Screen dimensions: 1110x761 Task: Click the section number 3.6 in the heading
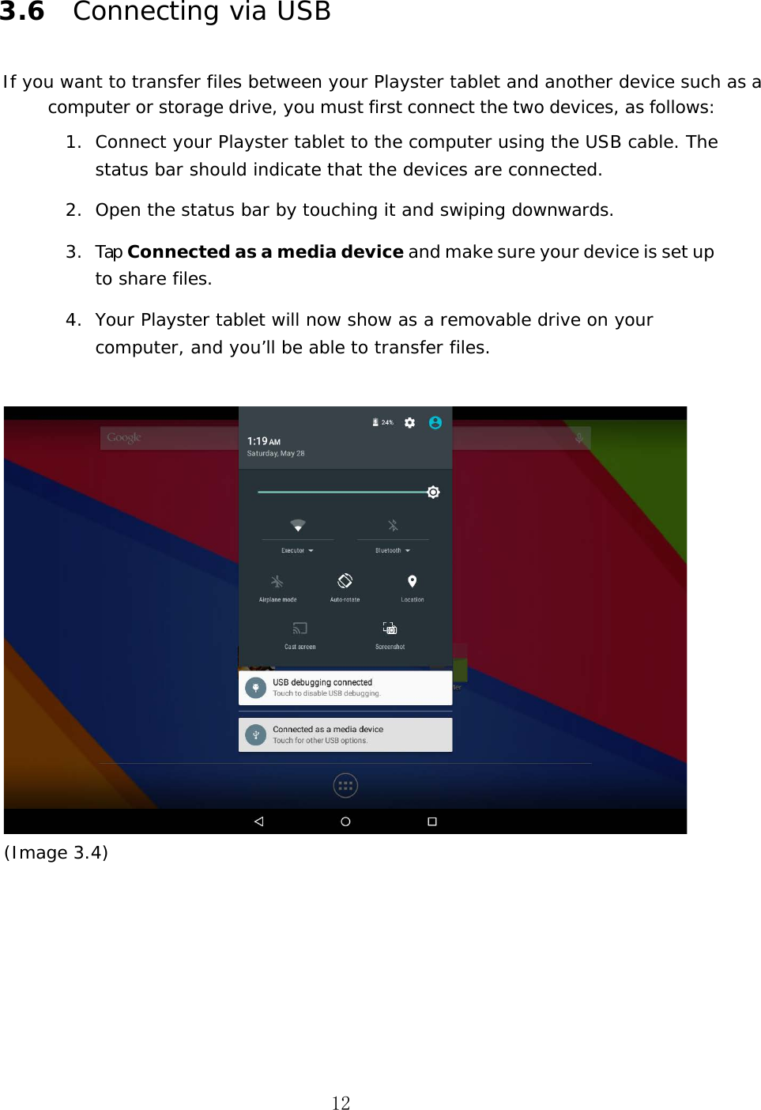point(22,11)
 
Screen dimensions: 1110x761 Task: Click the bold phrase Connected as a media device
point(265,251)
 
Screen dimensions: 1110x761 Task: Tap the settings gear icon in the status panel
point(409,423)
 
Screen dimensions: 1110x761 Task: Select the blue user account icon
point(435,423)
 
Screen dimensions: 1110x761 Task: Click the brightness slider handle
point(433,492)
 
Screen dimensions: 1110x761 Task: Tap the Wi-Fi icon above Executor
point(297,526)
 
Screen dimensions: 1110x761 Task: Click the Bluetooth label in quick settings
point(388,550)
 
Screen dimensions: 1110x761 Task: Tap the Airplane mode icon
point(277,582)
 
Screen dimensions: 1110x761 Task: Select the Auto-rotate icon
point(345,581)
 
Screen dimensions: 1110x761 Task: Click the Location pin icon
point(412,582)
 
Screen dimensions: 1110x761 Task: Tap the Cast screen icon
point(300,629)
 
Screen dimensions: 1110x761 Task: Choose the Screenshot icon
point(390,629)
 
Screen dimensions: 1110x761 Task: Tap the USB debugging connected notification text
point(322,682)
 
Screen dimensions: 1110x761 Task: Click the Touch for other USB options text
point(320,741)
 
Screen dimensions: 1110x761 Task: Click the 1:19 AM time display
point(263,441)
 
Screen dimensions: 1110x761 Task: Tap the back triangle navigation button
point(258,821)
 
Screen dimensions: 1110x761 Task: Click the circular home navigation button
point(345,821)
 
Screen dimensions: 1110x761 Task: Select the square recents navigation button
point(432,821)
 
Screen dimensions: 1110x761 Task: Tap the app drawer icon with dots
point(345,785)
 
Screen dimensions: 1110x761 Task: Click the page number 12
point(341,1103)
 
